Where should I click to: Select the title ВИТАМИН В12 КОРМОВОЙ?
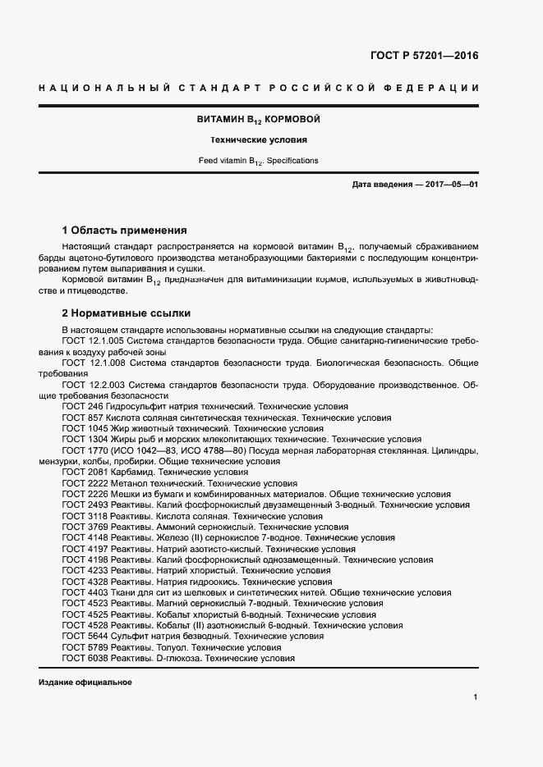coord(258,120)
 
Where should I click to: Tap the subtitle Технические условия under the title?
coord(258,140)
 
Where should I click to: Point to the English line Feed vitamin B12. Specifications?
coord(258,161)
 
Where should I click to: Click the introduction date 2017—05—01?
coord(452,185)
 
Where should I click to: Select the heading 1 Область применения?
coord(125,230)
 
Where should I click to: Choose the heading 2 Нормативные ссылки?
coord(127,313)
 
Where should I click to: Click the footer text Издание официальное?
coord(85,683)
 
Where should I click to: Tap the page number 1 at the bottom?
coord(475,697)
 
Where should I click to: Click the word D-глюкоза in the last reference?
coord(178,658)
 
